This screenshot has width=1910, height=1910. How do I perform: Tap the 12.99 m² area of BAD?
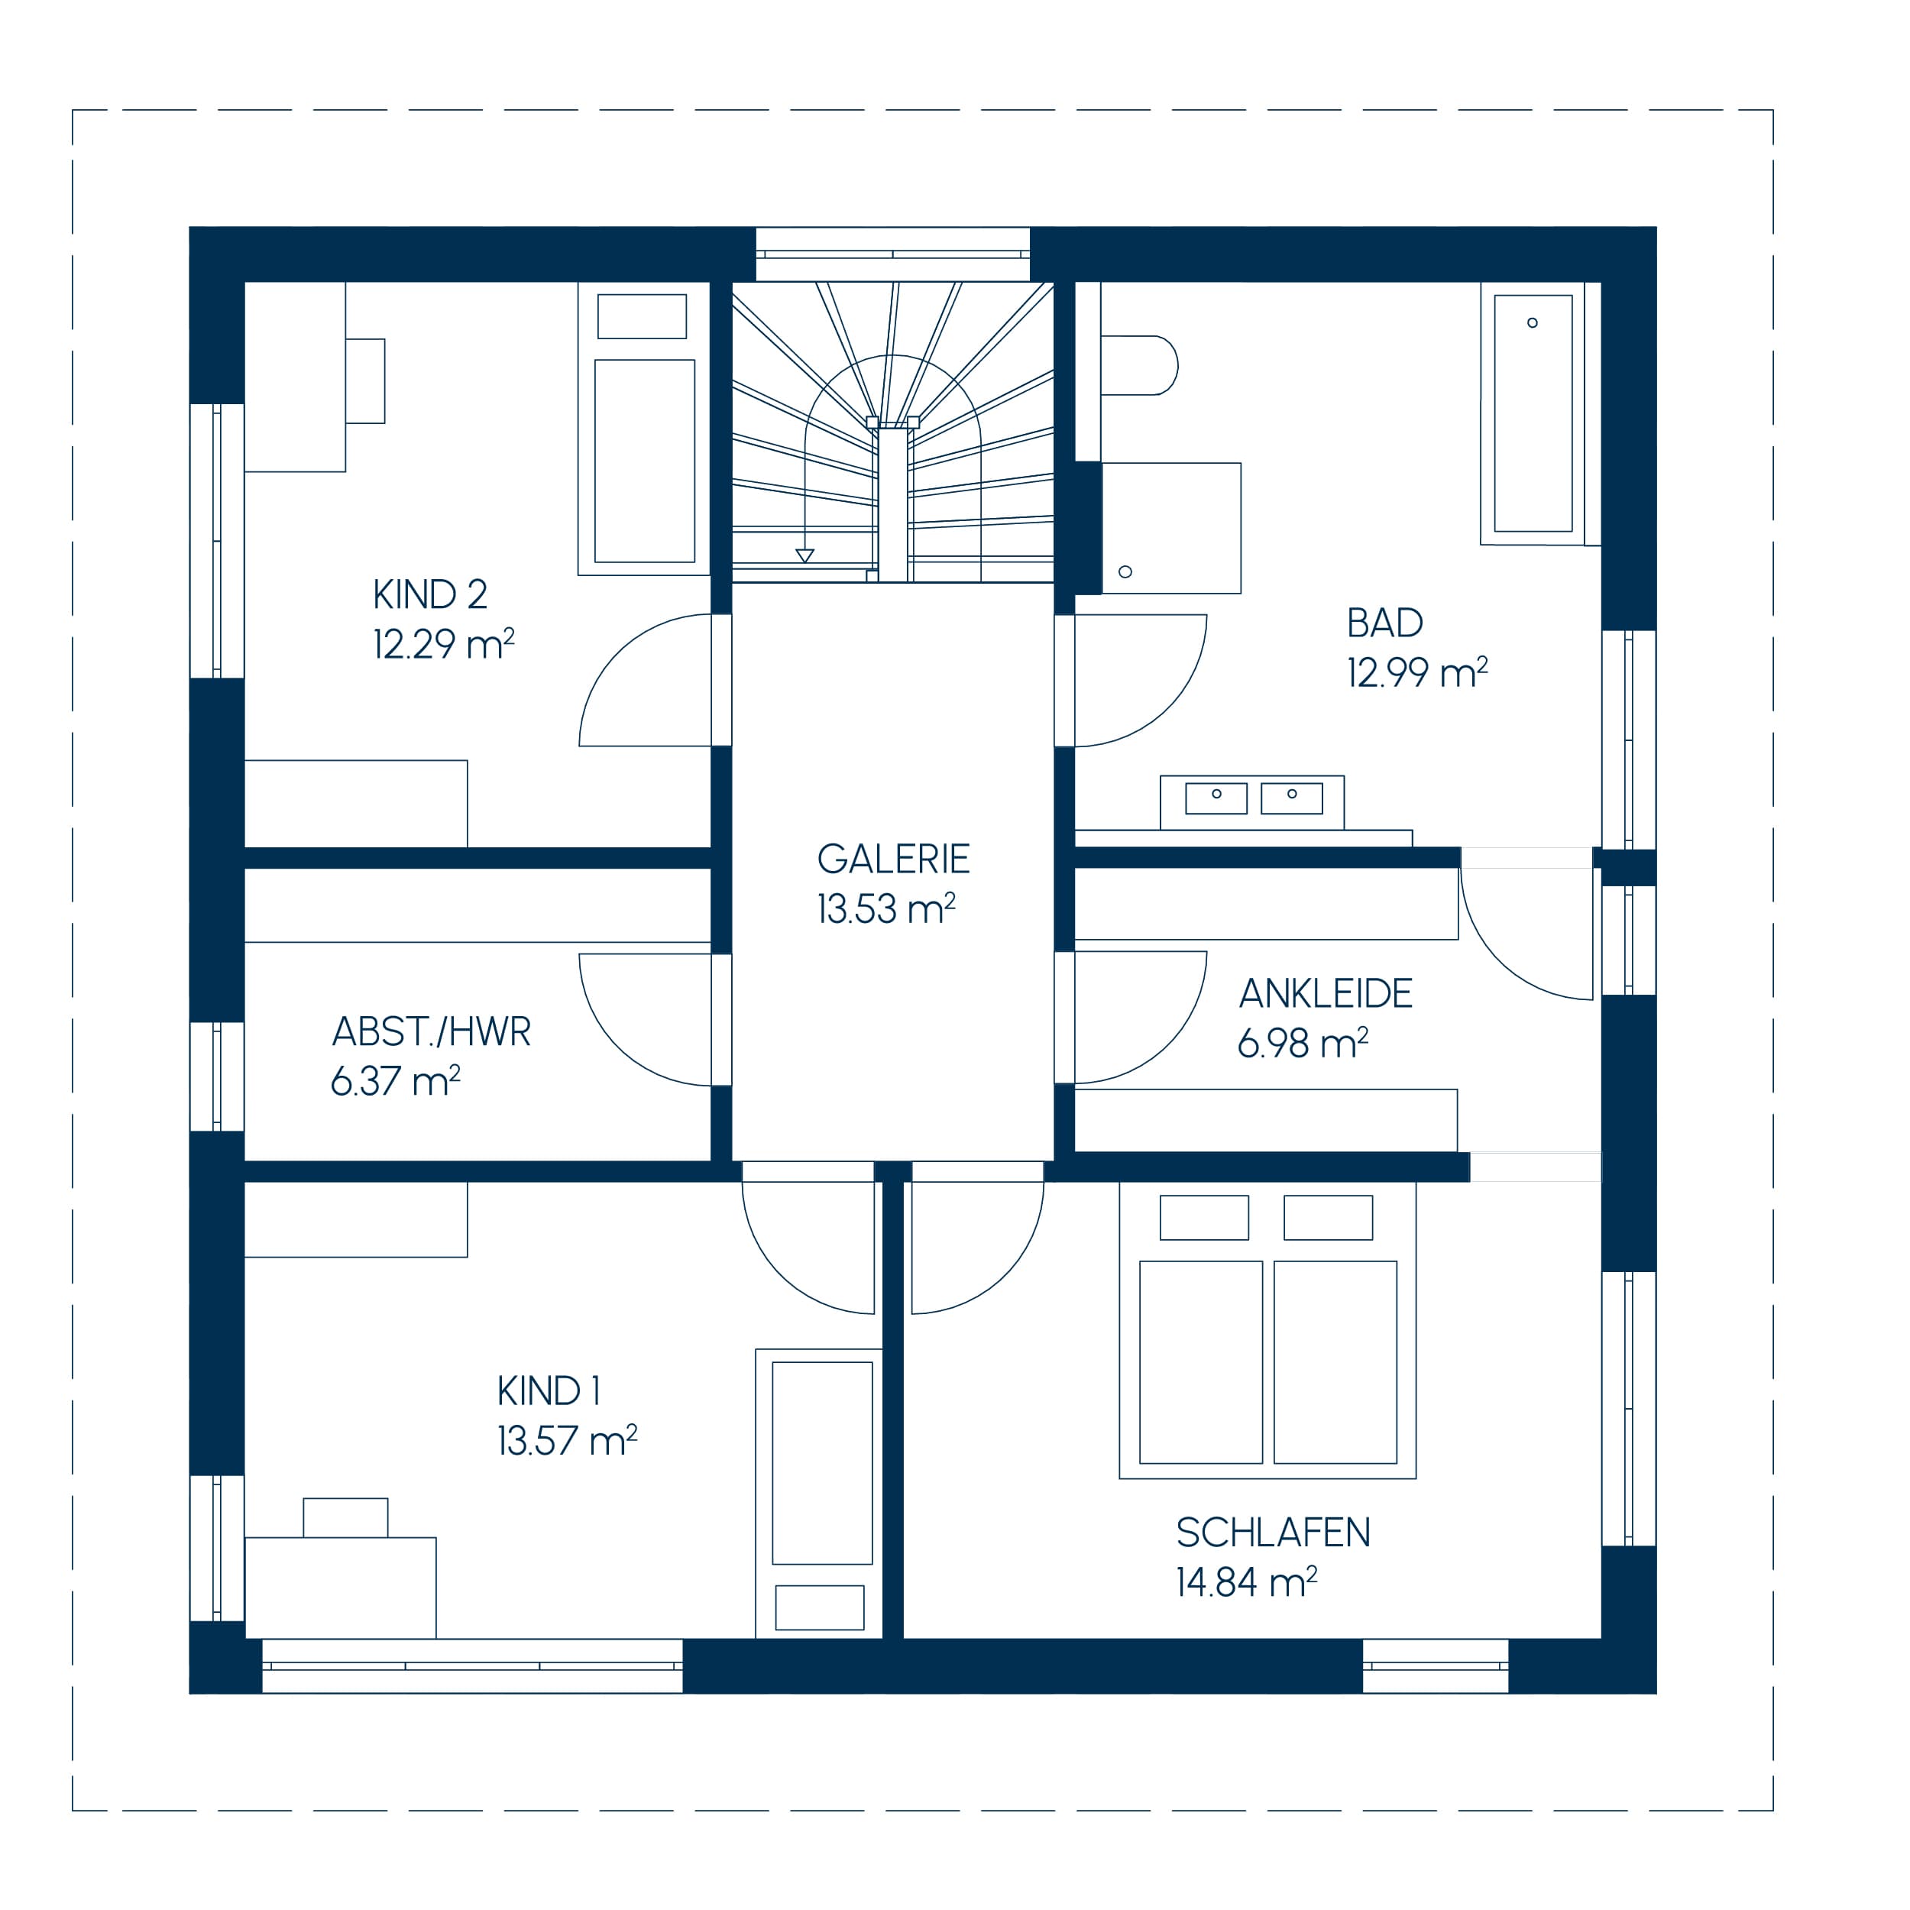coord(1416,672)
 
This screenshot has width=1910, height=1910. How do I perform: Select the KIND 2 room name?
coord(430,594)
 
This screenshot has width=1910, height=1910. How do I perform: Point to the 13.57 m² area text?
coord(566,1440)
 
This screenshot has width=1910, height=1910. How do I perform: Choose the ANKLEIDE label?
coord(1326,993)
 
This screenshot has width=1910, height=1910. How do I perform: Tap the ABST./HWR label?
coord(431,1031)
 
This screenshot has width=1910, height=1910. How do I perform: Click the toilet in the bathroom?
coord(1139,364)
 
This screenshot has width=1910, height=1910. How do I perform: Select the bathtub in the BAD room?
coord(1533,413)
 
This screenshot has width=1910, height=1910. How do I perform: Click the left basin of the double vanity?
coord(1216,798)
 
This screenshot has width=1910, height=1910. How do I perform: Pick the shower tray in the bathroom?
coord(1170,528)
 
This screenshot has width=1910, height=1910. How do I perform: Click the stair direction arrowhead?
coord(804,555)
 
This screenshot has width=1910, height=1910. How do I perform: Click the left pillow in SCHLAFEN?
coord(1204,1217)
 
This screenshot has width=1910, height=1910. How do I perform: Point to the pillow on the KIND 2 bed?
coord(642,316)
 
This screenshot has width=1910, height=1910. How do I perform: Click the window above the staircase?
coord(892,254)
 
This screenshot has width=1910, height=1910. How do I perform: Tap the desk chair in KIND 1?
coord(345,1517)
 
